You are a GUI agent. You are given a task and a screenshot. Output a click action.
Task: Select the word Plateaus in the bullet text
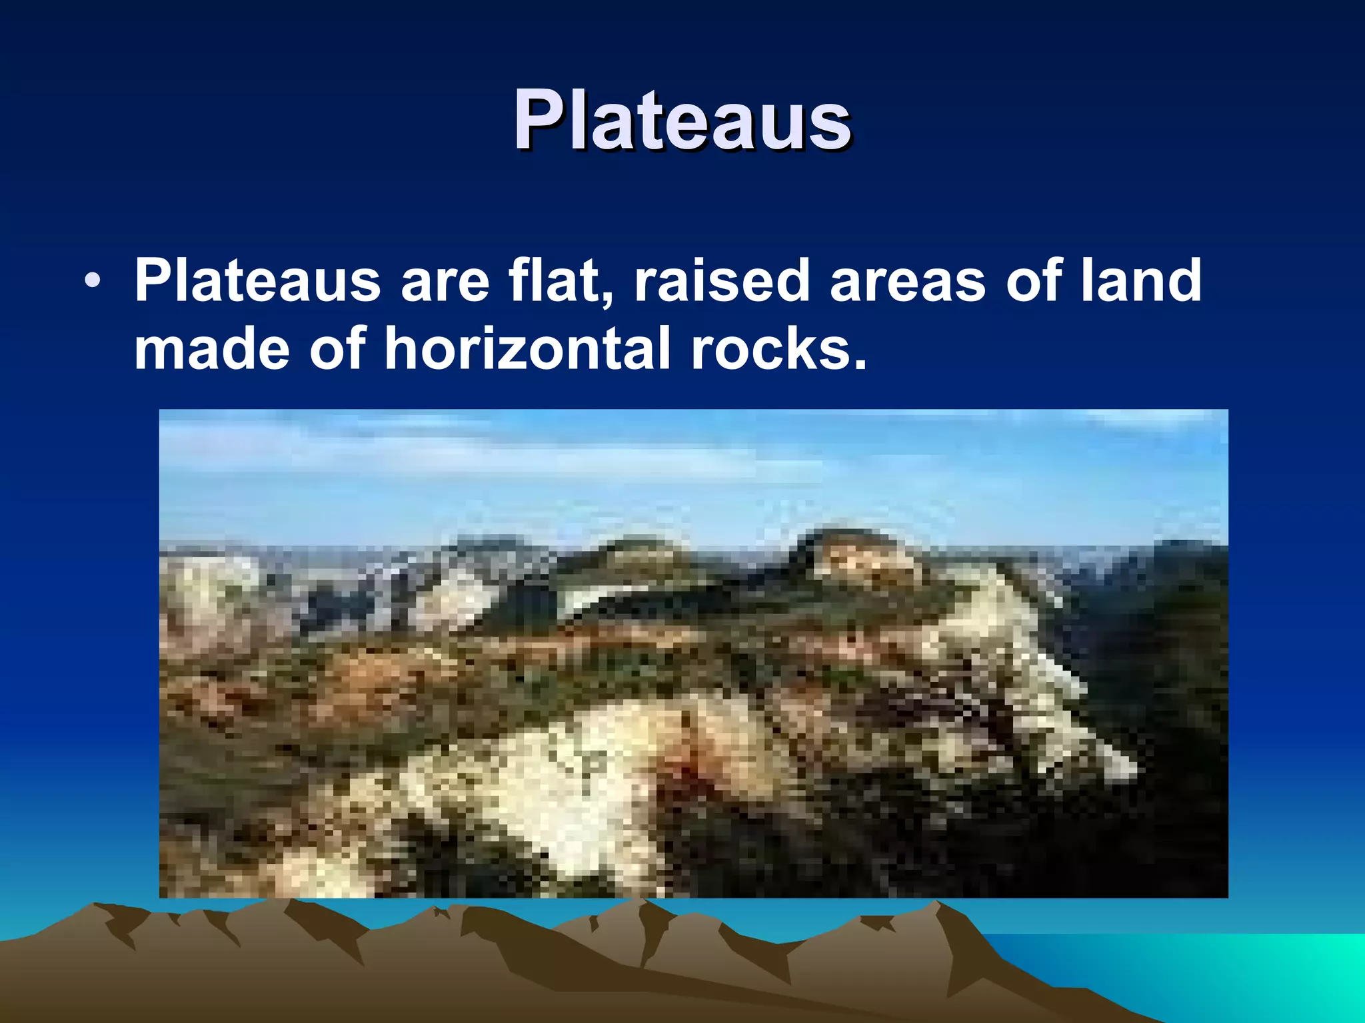coord(257,281)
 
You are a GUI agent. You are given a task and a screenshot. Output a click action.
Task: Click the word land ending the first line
coord(1140,281)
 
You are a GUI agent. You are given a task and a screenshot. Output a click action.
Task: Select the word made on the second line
coord(212,349)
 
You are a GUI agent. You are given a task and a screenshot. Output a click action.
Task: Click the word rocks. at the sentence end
coord(779,350)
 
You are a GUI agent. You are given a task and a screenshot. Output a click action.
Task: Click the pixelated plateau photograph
coord(693,653)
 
